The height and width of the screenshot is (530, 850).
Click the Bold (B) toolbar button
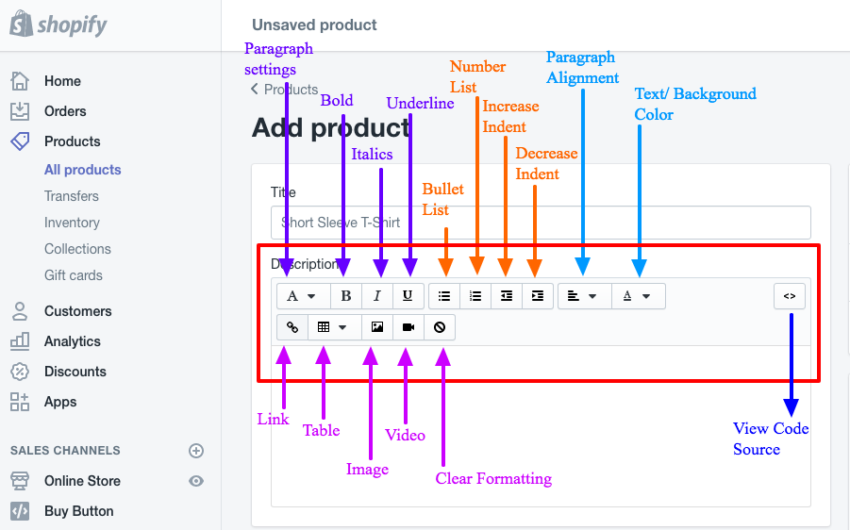coord(346,296)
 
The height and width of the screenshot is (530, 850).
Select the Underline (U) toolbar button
coord(408,296)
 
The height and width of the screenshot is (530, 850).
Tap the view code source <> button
coord(790,296)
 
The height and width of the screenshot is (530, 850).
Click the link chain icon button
coord(292,327)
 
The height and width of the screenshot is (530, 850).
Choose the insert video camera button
coord(408,327)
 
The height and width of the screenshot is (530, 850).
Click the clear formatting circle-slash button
coord(440,327)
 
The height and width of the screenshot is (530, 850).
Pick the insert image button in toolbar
coord(377,327)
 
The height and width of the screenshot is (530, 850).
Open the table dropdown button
coord(332,327)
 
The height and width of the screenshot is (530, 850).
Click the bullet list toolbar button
coord(444,296)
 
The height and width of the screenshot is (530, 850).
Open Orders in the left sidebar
coord(64,111)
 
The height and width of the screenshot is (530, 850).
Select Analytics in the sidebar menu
coord(72,341)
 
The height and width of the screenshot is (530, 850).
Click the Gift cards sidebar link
coord(73,275)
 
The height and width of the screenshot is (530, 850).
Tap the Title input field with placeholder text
coord(541,223)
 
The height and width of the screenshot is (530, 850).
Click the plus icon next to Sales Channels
coord(196,451)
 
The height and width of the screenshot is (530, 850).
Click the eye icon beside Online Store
coord(196,481)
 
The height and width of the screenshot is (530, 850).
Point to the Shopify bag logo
coord(21,24)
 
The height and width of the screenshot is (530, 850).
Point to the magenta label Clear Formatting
coord(493,479)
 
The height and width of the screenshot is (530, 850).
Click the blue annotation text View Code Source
coord(770,439)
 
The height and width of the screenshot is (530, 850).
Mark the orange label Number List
coord(477,76)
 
